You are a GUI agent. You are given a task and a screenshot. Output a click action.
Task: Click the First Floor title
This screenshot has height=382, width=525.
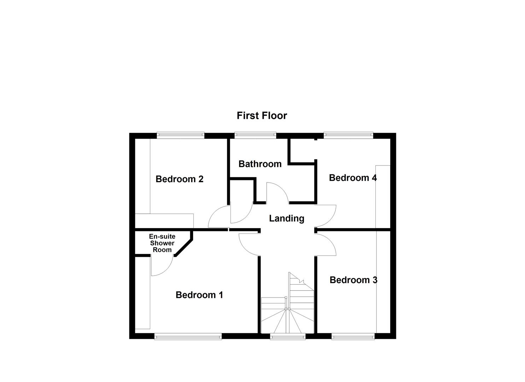pyautogui.click(x=262, y=116)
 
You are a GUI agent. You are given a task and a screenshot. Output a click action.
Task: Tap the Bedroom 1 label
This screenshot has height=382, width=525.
pyautogui.click(x=199, y=295)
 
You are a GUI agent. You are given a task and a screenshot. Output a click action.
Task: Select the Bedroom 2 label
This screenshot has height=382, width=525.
pyautogui.click(x=179, y=179)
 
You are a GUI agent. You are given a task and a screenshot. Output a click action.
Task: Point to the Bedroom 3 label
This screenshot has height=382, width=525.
pyautogui.click(x=353, y=280)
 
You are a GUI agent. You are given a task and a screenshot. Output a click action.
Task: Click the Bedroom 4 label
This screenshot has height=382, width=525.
pyautogui.click(x=352, y=178)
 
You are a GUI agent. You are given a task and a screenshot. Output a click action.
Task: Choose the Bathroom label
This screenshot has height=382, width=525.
pyautogui.click(x=260, y=164)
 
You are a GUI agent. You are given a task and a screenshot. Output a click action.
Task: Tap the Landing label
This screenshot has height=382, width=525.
pyautogui.click(x=286, y=218)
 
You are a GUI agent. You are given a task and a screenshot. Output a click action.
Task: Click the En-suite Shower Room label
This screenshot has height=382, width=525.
pyautogui.click(x=162, y=243)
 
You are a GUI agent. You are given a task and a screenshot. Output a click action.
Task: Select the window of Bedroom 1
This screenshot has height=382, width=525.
pyautogui.click(x=188, y=337)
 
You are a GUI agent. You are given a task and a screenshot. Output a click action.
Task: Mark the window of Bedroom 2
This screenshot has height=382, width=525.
pyautogui.click(x=181, y=134)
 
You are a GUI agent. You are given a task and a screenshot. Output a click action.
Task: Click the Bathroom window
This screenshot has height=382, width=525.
pyautogui.click(x=255, y=134)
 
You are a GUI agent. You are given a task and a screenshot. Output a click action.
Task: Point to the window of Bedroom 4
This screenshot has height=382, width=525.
pyautogui.click(x=348, y=134)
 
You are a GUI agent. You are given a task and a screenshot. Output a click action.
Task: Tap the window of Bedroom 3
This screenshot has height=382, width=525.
pyautogui.click(x=353, y=337)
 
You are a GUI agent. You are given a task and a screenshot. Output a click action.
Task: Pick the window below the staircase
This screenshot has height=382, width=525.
pyautogui.click(x=287, y=337)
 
